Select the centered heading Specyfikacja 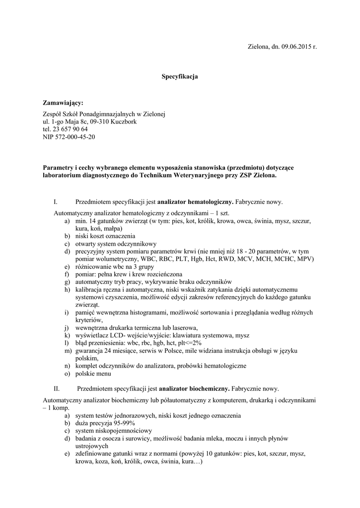click(x=180, y=77)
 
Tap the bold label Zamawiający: click(x=64, y=103)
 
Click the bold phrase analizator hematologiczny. click(x=195, y=202)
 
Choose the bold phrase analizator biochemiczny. click(x=194, y=388)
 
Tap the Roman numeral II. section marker click(x=57, y=388)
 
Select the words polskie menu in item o click(x=93, y=374)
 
